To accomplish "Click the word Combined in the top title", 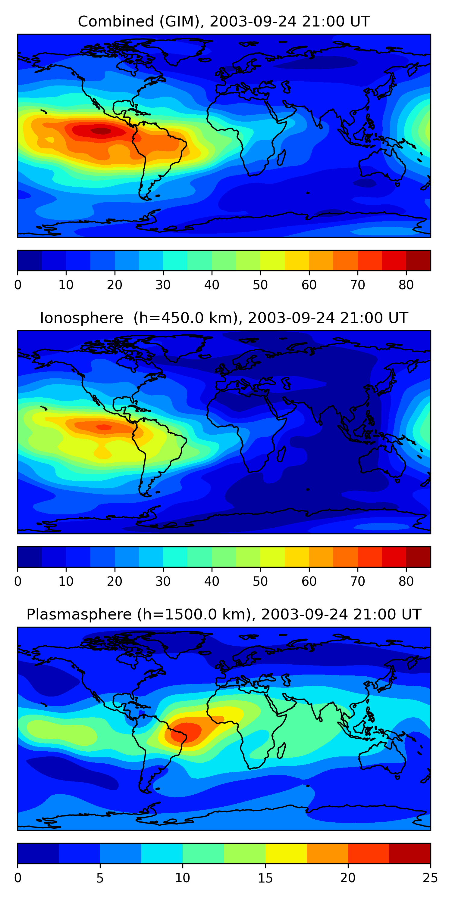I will [115, 22].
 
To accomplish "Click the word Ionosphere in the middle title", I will [81, 318].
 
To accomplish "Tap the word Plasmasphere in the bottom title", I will [79, 615].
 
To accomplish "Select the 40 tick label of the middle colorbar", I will [212, 581].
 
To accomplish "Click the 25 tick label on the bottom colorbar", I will [430, 878].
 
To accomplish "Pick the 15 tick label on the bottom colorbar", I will [265, 878].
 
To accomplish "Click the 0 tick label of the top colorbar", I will [18, 285].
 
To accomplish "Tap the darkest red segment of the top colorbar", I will [418, 260].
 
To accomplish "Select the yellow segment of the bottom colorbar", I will [286, 853].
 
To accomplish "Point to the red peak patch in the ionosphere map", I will [104, 427].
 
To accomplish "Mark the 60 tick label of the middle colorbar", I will [309, 581].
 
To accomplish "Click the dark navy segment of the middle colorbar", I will [30, 557].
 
